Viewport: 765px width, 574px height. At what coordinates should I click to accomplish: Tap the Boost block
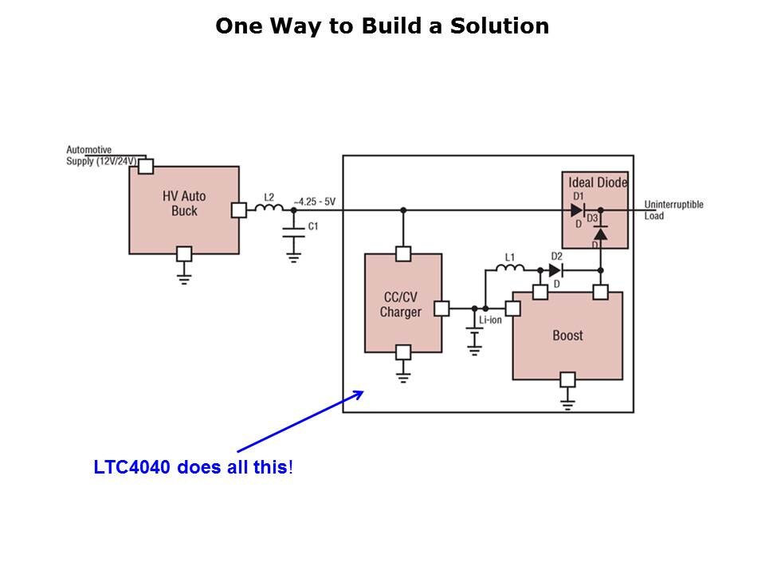(567, 336)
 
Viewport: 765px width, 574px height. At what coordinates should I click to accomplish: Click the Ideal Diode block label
(598, 183)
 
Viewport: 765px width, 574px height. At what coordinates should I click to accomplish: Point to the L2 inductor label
(269, 196)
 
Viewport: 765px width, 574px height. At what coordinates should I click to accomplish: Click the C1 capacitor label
(313, 226)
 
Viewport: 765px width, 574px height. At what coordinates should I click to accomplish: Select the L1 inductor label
(510, 257)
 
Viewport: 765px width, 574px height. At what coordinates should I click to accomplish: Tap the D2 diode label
(556, 257)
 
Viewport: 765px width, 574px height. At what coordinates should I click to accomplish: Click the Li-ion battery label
(490, 320)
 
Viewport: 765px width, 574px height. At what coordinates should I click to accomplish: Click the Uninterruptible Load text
(673, 210)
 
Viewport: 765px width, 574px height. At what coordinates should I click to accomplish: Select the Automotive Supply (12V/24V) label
(100, 155)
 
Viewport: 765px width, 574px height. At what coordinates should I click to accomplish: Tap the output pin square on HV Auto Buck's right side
(238, 210)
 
